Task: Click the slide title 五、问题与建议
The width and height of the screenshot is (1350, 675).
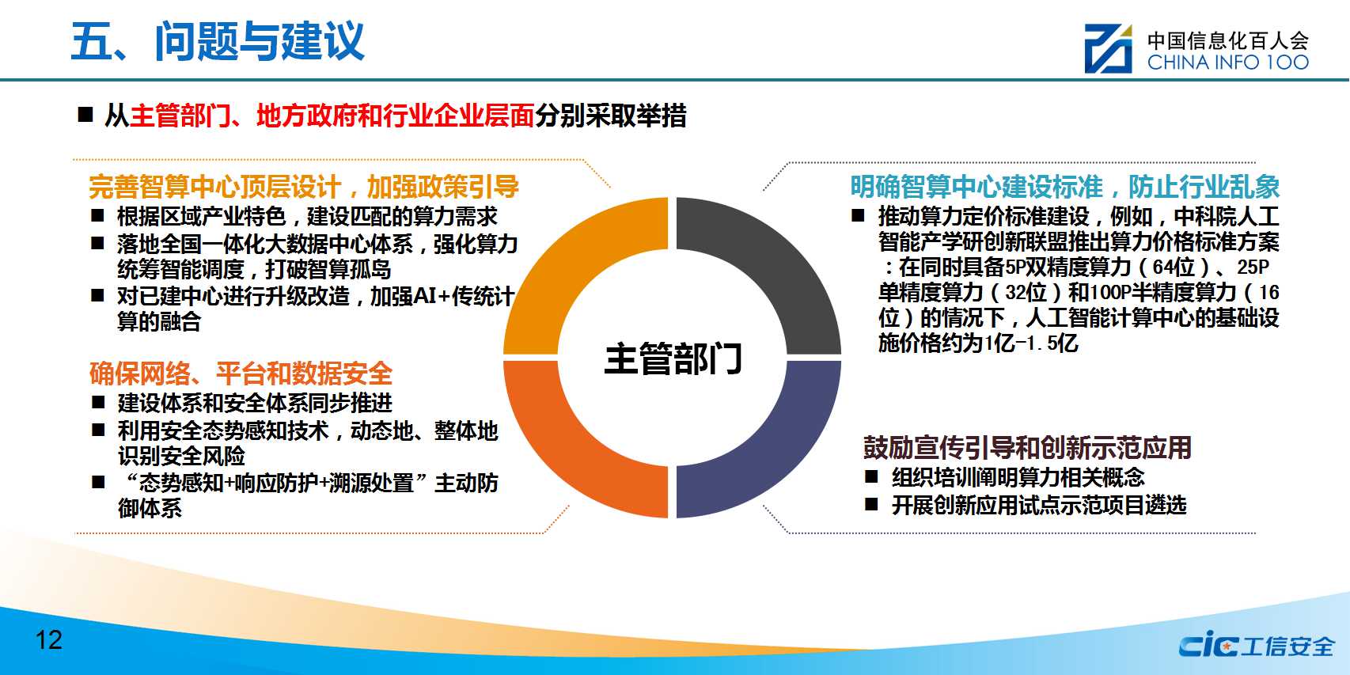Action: [x=218, y=41]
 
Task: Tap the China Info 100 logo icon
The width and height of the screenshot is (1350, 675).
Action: [x=1108, y=48]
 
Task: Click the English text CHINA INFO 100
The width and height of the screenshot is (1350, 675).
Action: [x=1227, y=62]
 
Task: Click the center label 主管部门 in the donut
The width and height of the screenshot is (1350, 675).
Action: [x=673, y=358]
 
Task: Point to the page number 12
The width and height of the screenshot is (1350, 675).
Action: [x=49, y=640]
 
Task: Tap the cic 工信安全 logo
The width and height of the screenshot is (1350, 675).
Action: [x=1256, y=646]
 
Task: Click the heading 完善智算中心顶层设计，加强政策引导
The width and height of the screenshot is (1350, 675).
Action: [x=304, y=187]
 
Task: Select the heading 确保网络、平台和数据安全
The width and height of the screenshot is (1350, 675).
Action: [x=241, y=374]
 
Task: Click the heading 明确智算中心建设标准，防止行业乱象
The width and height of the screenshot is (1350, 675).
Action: [x=1064, y=187]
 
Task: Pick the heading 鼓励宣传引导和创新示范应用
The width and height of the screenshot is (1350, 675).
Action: [x=1027, y=448]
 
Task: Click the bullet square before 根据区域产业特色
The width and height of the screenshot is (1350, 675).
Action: [x=97, y=215]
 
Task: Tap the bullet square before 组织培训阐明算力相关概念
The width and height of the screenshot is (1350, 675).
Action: [x=871, y=476]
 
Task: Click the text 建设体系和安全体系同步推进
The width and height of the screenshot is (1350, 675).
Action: [x=255, y=403]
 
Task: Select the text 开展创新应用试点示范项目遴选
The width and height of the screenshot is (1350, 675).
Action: [x=1039, y=505]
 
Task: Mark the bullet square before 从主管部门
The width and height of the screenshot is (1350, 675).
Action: [x=85, y=115]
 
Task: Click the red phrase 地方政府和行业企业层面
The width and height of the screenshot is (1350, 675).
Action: [x=396, y=116]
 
